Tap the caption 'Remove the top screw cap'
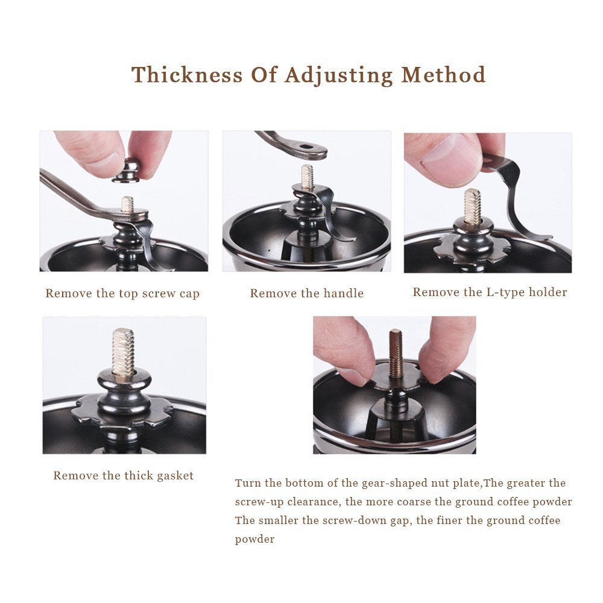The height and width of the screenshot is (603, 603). click(x=122, y=294)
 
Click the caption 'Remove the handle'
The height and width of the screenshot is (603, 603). click(x=306, y=294)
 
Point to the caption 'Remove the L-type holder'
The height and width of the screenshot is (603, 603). click(x=490, y=292)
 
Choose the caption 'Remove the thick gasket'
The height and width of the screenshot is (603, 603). click(x=124, y=476)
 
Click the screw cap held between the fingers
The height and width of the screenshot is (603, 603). click(x=128, y=169)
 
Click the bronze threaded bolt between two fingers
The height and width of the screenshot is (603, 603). click(x=396, y=353)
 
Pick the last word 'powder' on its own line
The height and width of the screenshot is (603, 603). click(x=254, y=539)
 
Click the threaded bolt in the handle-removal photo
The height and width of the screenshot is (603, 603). click(x=308, y=177)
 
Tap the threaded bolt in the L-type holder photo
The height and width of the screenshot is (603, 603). click(x=472, y=206)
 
